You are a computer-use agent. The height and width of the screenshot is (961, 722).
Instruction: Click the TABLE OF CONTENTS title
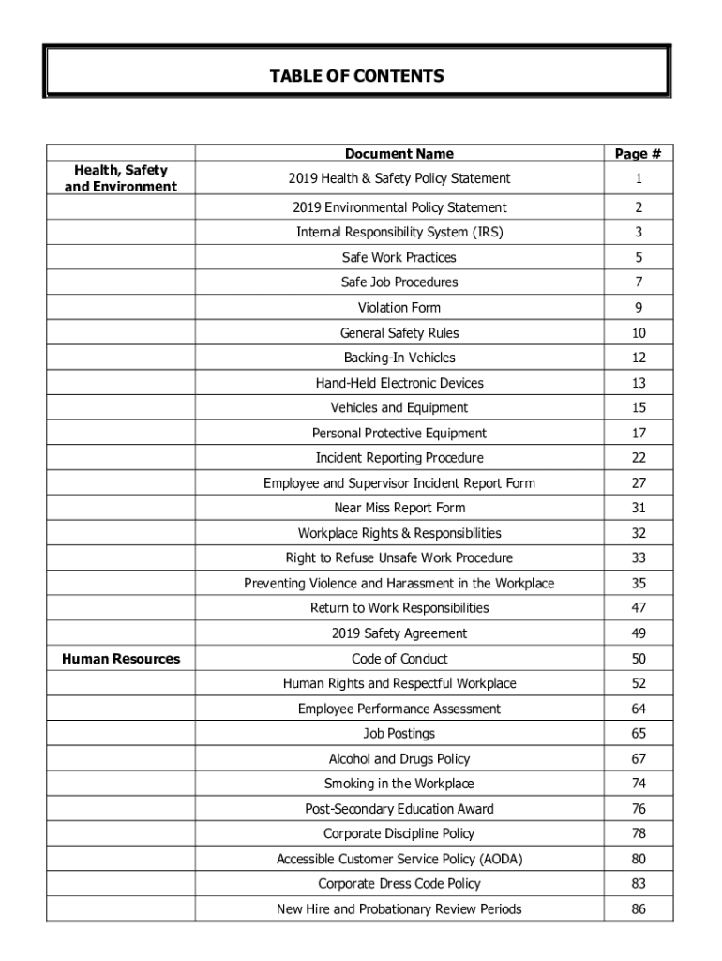pyautogui.click(x=356, y=75)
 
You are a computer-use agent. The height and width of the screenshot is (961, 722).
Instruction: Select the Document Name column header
pyautogui.click(x=399, y=154)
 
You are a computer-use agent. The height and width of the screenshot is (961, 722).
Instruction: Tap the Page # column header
pyautogui.click(x=638, y=154)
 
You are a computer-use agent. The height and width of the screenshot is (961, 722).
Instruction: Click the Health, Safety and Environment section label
pyautogui.click(x=120, y=178)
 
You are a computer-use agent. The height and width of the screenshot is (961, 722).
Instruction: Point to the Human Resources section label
pyautogui.click(x=120, y=659)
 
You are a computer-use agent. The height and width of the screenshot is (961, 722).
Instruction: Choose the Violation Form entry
pyautogui.click(x=399, y=308)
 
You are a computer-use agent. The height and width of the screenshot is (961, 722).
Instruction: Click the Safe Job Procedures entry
pyautogui.click(x=399, y=282)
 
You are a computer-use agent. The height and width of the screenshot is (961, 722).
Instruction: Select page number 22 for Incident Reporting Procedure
pyautogui.click(x=638, y=458)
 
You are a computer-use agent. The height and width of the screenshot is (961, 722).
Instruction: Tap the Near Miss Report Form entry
pyautogui.click(x=399, y=508)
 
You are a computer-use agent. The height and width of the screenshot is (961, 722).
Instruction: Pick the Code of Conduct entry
pyautogui.click(x=399, y=659)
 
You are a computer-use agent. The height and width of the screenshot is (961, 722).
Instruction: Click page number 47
pyautogui.click(x=638, y=608)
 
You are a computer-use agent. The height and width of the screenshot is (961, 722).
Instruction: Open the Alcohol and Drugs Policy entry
pyautogui.click(x=399, y=759)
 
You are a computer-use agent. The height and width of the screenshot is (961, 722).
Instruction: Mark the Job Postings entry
pyautogui.click(x=399, y=734)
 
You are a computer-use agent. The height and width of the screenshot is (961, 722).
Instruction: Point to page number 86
pyautogui.click(x=638, y=909)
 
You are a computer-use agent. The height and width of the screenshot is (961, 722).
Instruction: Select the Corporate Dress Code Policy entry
pyautogui.click(x=399, y=884)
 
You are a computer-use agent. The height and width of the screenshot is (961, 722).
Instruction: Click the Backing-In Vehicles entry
pyautogui.click(x=399, y=358)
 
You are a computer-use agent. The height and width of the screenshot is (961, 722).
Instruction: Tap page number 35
pyautogui.click(x=638, y=584)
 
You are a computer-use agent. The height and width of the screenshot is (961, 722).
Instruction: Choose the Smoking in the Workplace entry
pyautogui.click(x=399, y=784)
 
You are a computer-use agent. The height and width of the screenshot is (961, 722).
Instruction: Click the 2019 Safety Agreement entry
pyautogui.click(x=399, y=633)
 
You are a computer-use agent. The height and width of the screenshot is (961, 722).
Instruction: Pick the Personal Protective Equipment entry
pyautogui.click(x=399, y=434)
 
